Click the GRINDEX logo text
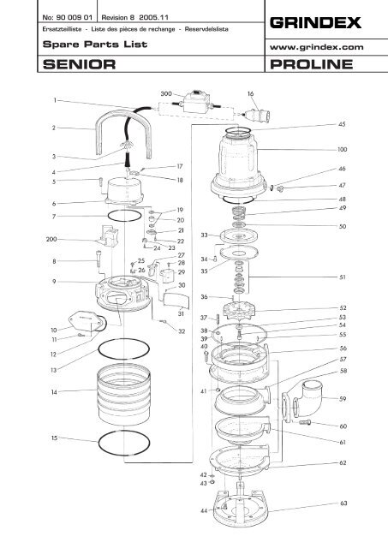pyautogui.click(x=315, y=23)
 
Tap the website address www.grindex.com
pyautogui.click(x=317, y=47)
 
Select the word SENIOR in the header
pyautogui.click(x=79, y=64)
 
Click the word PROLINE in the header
pyautogui.click(x=312, y=64)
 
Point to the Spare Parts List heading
pyautogui.click(x=95, y=45)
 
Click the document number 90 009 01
pyautogui.click(x=74, y=17)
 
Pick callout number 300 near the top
pyautogui.click(x=166, y=93)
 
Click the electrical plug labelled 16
pyautogui.click(x=259, y=116)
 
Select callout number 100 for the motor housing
pyautogui.click(x=343, y=149)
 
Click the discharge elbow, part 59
pyautogui.click(x=305, y=400)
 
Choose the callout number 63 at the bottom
pyautogui.click(x=343, y=503)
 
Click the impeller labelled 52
pyautogui.click(x=239, y=310)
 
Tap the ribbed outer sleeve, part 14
pyautogui.click(x=123, y=395)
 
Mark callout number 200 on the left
pyautogui.click(x=51, y=240)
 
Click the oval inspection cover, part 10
pyautogui.click(x=84, y=320)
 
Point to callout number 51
pyautogui.click(x=343, y=277)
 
